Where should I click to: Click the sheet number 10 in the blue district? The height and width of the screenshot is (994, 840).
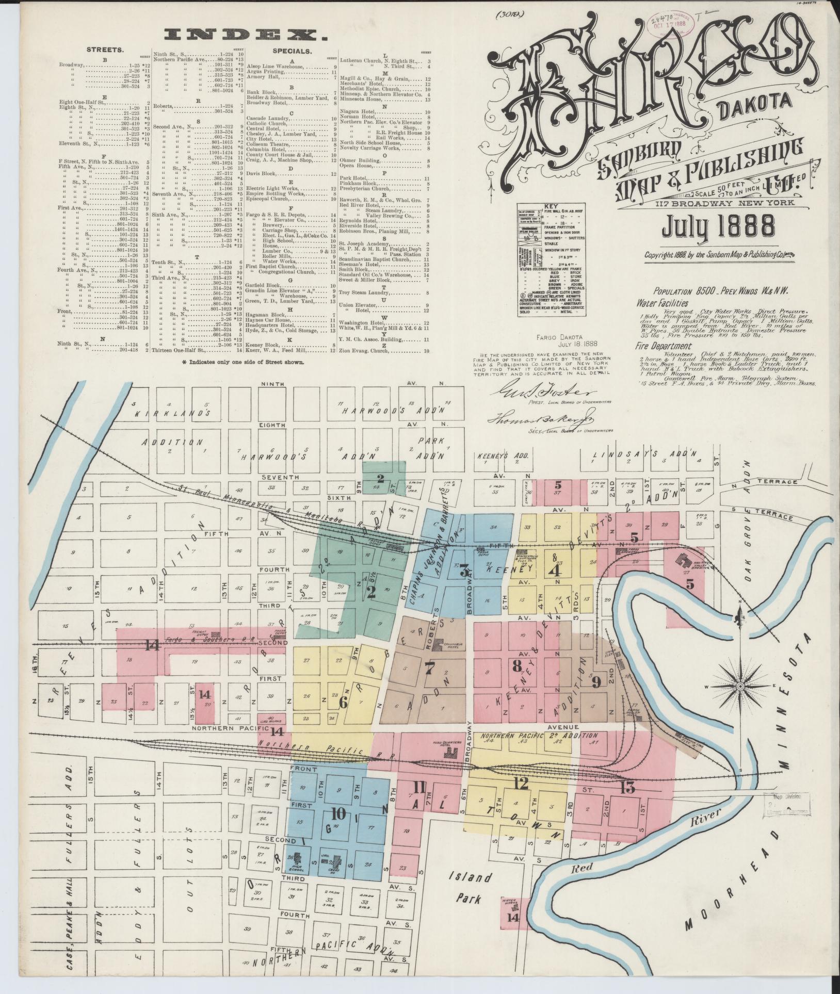[x=339, y=814]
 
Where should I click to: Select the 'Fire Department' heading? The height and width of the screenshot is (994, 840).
[x=664, y=346]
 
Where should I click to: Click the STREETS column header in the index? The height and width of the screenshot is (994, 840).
[x=104, y=50]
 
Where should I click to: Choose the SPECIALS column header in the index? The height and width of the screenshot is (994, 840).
[x=292, y=51]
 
